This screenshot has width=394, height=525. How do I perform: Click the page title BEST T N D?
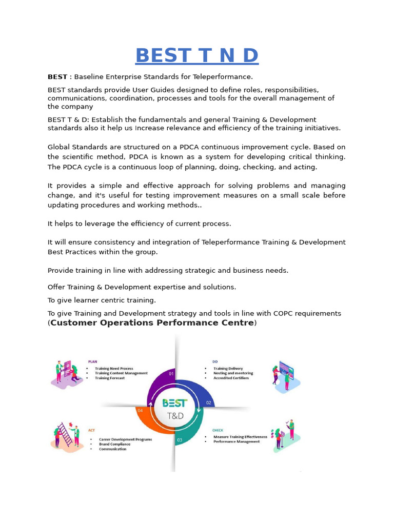[x=196, y=55]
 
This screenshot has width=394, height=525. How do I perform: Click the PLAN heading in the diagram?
[x=92, y=361]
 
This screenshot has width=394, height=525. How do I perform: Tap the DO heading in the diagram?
[x=215, y=361]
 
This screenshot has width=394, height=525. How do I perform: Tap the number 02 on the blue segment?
[x=209, y=403]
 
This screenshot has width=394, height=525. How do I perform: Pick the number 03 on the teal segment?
[x=180, y=440]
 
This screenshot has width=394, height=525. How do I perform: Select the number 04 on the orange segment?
[x=140, y=410]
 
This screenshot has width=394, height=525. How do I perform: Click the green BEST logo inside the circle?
[x=174, y=403]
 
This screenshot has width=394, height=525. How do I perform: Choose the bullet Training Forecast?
[x=109, y=378]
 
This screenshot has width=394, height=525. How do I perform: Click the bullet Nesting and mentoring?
[x=233, y=373]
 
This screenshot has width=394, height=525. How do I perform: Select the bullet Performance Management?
[x=237, y=441]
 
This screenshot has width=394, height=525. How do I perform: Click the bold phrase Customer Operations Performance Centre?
[x=152, y=322]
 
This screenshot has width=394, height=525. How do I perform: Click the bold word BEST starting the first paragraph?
[x=57, y=77]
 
